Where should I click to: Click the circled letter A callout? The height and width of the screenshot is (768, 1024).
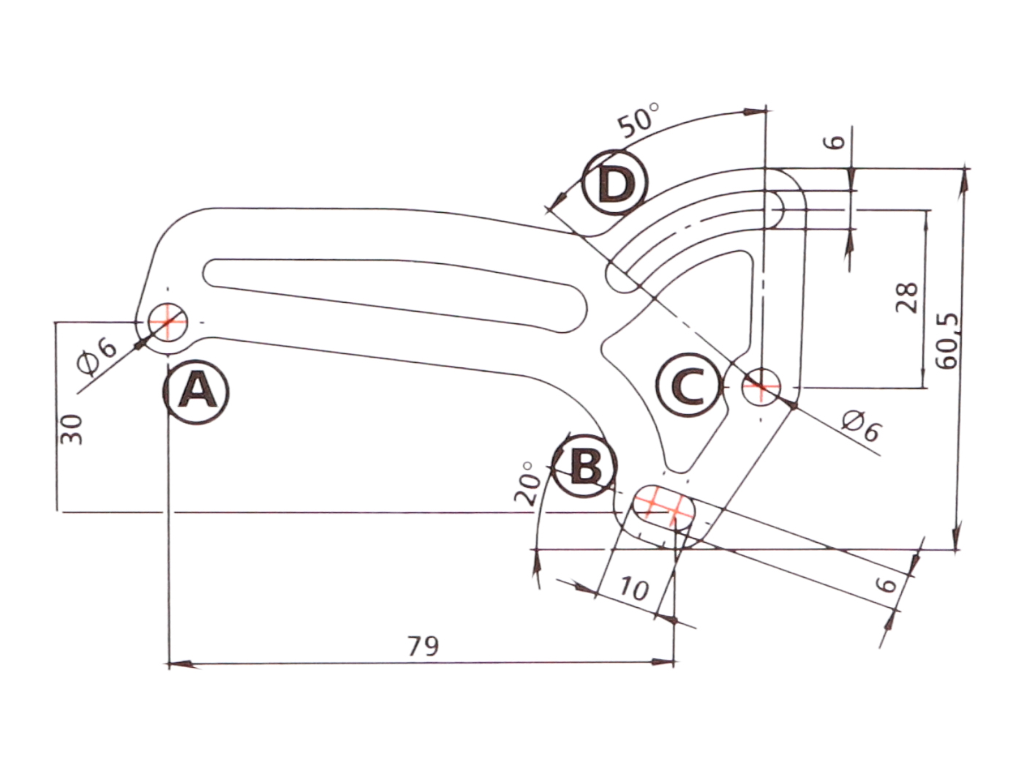196,391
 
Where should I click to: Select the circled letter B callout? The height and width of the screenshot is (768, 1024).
585,466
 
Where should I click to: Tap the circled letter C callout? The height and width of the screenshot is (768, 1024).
688,385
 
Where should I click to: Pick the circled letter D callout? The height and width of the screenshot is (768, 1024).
615,183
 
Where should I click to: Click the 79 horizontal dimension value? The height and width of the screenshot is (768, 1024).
423,646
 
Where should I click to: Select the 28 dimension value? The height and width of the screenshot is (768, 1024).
907,297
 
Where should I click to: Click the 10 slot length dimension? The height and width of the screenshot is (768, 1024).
633,588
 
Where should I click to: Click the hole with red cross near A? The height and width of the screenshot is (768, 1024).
168,322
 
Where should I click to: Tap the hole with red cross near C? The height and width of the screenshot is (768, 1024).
761,385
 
